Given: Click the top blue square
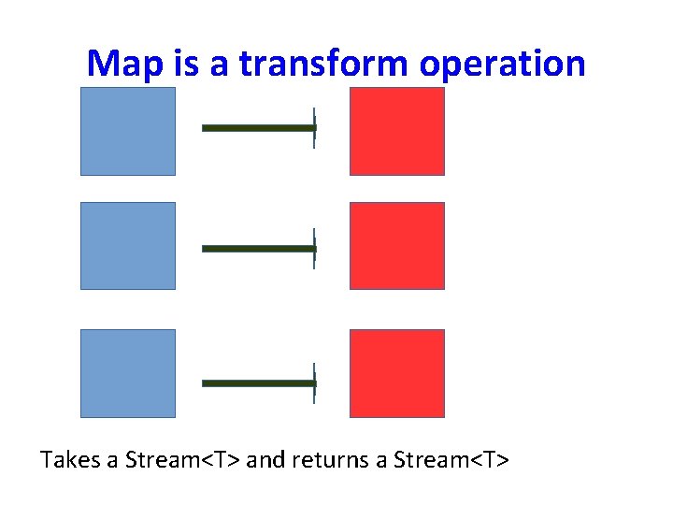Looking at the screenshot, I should (x=128, y=131).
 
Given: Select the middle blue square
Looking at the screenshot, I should (x=128, y=246).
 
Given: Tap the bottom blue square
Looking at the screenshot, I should (x=128, y=373).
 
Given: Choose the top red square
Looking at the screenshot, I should (x=397, y=131).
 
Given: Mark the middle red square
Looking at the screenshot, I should (x=397, y=246).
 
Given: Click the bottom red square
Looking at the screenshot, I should (x=397, y=373).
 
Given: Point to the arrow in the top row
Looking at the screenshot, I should (x=260, y=128).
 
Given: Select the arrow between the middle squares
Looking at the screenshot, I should (x=260, y=249).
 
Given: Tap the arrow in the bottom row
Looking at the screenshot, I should (x=260, y=383).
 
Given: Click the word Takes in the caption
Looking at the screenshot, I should (x=69, y=460).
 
